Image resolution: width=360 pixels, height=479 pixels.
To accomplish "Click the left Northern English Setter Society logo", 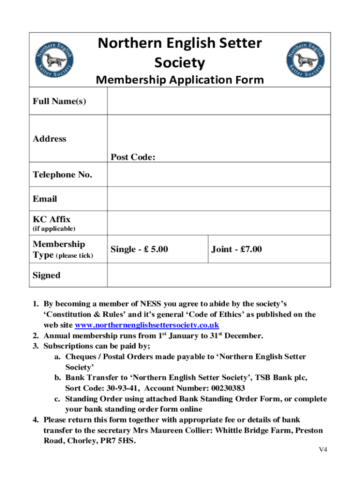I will point(55,59).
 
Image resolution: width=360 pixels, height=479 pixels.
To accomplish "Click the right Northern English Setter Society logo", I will point(305,59).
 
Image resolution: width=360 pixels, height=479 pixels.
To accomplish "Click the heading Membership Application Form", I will point(180,80).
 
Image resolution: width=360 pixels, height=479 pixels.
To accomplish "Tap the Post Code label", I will point(133,158).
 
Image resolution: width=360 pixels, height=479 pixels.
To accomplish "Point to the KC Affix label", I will point(51,219).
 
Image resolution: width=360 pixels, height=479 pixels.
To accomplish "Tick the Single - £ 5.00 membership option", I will point(139,250).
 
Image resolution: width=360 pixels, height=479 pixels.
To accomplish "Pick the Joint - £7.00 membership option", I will point(237,250).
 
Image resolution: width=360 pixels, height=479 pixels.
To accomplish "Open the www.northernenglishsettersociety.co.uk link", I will point(147,325).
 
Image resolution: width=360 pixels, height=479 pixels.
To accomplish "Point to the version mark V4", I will point(323,450).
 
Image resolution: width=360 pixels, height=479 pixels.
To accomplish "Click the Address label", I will point(50,139).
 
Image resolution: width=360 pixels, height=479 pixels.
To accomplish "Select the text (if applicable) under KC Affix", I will point(54,229).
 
